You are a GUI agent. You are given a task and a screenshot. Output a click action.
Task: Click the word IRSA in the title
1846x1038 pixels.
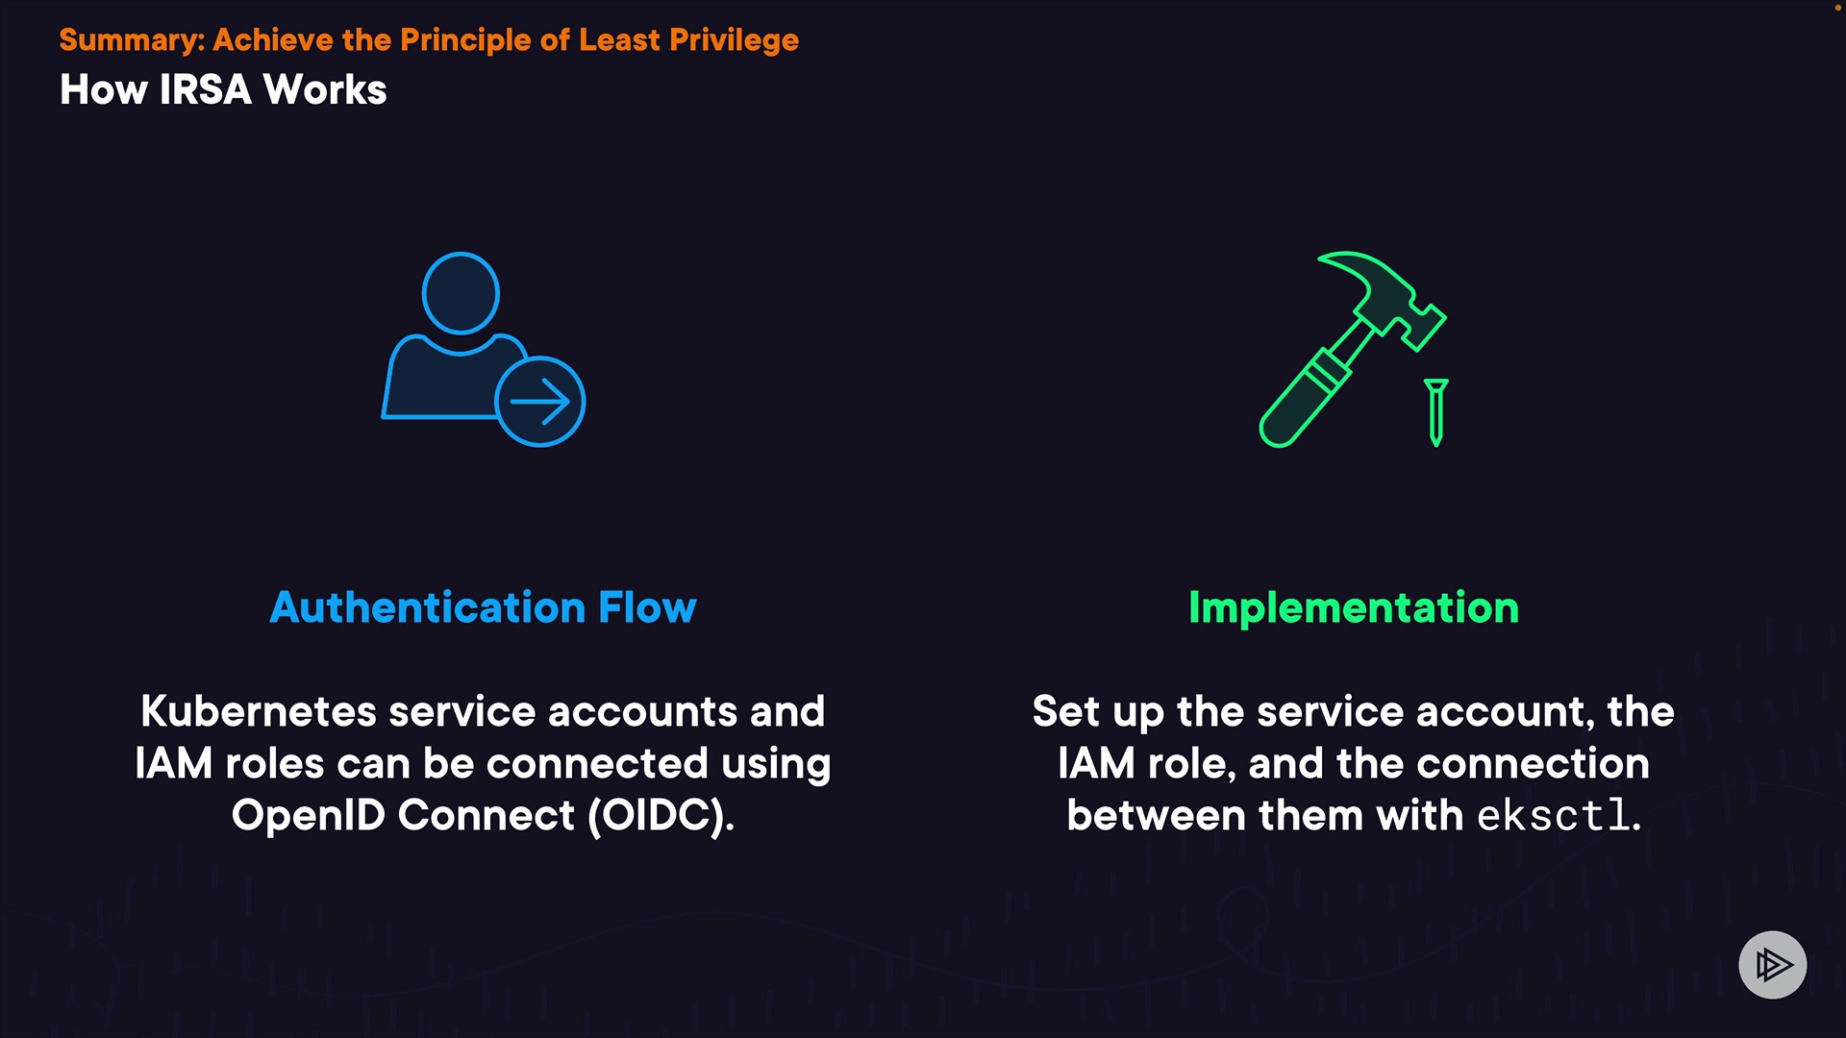[x=205, y=89]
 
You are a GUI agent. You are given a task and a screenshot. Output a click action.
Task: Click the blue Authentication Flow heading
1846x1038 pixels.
[x=483, y=607]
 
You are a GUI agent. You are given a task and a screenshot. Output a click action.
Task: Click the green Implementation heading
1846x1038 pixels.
[x=1354, y=608]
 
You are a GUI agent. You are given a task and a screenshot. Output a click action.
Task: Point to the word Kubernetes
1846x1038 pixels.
[x=259, y=712]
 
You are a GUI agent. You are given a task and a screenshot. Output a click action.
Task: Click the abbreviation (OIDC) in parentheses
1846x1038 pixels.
[x=661, y=816]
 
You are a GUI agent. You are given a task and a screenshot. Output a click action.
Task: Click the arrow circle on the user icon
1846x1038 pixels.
[x=540, y=402]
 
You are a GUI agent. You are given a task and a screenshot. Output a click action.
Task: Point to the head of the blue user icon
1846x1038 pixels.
[x=461, y=293]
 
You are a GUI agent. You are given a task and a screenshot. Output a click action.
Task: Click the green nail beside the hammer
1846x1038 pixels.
[x=1436, y=412]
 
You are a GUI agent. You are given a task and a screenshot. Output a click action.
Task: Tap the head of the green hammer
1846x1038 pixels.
[x=1384, y=297]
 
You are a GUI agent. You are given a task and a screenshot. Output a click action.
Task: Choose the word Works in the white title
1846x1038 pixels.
[x=325, y=89]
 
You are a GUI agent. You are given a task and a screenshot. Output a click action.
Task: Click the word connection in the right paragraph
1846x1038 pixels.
[x=1533, y=764]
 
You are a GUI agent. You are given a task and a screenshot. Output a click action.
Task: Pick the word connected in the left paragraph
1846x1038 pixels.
[x=597, y=764]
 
